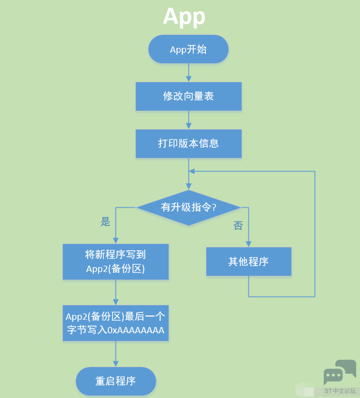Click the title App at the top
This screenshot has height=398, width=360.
point(184,17)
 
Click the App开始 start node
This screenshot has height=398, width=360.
point(188,49)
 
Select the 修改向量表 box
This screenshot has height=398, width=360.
point(188,96)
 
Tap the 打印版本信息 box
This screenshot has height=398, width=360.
point(188,143)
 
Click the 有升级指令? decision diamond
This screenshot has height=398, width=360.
point(188,208)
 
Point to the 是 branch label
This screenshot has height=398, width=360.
point(106,222)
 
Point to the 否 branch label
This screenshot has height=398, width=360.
point(238,226)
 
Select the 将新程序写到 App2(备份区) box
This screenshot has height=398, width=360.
point(115,261)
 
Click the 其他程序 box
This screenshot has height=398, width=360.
point(248,261)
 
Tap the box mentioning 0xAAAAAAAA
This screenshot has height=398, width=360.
point(115,323)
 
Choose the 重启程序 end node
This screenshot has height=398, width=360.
point(116,381)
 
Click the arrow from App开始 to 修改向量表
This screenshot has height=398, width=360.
point(188,72)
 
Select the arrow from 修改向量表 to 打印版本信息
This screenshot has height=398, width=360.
point(188,120)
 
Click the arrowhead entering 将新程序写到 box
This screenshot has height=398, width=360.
point(115,240)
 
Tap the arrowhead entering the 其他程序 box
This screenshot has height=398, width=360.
point(248,244)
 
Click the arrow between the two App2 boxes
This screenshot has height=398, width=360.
point(115,292)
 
